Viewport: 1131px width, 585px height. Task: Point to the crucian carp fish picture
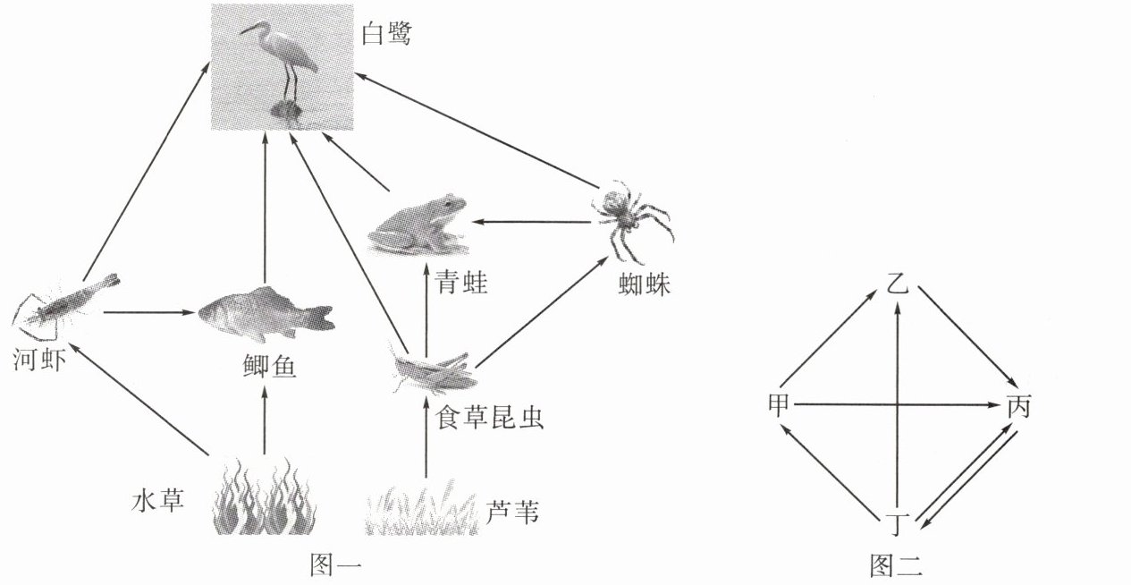click(x=264, y=311)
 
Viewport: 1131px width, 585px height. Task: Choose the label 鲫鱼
click(x=263, y=366)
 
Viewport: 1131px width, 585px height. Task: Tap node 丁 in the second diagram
click(x=897, y=521)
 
